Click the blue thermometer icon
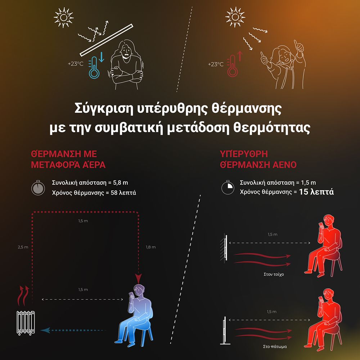click(x=94, y=68)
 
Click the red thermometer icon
click(x=232, y=66)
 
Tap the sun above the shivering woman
click(x=64, y=17)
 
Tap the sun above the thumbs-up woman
click(x=235, y=17)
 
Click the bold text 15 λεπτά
click(x=316, y=192)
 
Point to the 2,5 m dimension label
click(x=23, y=247)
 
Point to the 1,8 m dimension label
click(x=150, y=247)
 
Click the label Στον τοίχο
click(x=274, y=274)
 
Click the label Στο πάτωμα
click(x=275, y=346)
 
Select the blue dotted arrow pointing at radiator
click(x=73, y=330)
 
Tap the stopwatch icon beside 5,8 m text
click(x=38, y=188)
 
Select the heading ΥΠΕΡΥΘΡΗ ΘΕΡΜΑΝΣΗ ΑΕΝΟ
click(x=258, y=159)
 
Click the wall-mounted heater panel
click(x=226, y=248)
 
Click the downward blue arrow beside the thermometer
click(x=102, y=57)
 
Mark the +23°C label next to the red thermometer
click(x=216, y=64)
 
